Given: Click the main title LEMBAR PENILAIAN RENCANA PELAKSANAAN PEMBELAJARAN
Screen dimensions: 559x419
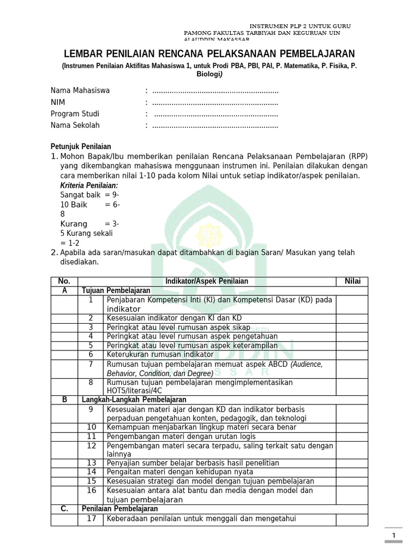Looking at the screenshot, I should point(209,53).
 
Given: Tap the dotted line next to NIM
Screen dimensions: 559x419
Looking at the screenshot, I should point(215,103).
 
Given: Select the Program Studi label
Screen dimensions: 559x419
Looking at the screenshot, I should point(75,114).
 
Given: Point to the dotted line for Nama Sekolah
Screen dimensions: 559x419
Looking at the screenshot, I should point(215,126).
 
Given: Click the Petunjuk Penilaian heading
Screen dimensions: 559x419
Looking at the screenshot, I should point(81,146).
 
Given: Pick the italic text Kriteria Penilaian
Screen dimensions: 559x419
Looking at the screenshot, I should point(88,186).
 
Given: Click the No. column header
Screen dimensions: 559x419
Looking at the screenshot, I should point(65,281).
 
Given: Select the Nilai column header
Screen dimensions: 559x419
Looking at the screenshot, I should point(352,281).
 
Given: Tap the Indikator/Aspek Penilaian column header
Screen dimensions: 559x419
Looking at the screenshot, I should point(207,281).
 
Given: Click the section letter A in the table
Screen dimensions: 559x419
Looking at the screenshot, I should point(65,290).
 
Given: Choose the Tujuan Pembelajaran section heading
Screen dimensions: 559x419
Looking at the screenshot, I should point(108,290).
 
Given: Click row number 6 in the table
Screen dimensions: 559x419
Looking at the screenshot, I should point(91,354).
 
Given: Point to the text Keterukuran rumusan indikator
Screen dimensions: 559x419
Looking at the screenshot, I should point(160,354).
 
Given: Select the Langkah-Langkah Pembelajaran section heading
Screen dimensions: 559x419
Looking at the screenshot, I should point(134,400).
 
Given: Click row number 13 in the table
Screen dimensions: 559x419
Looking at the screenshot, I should point(91,463).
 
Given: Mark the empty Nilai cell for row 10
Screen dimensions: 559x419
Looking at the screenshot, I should point(352,427).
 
